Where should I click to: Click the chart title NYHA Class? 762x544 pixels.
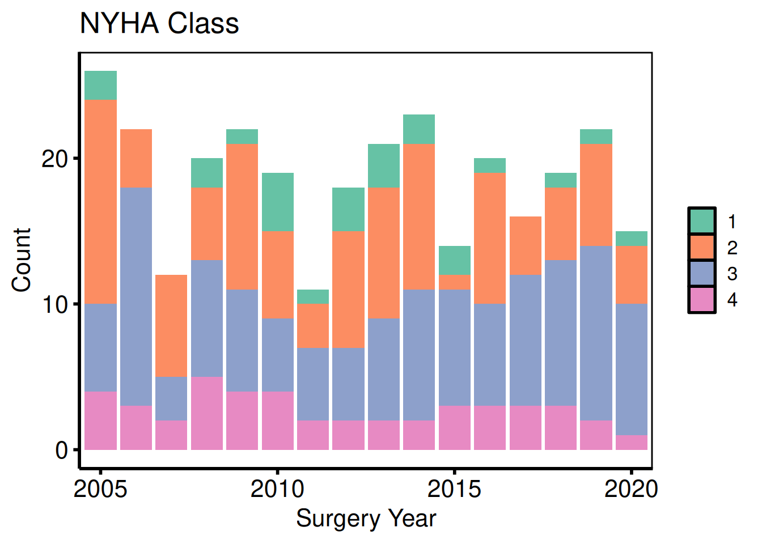[x=159, y=24]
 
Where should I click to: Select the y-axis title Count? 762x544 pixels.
[x=22, y=260]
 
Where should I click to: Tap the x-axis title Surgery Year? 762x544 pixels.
[x=366, y=518]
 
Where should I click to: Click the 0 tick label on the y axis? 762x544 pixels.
[x=61, y=450]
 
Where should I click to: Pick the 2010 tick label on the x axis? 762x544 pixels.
[x=277, y=488]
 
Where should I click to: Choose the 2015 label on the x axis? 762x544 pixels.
[x=454, y=488]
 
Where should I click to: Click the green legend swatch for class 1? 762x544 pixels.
[x=702, y=221]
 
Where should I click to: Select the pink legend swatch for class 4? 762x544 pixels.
[x=702, y=299]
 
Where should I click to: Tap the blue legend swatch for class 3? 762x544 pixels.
[x=702, y=273]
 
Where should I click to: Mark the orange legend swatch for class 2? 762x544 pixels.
[x=702, y=247]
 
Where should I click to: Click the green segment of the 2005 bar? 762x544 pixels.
[x=100, y=86]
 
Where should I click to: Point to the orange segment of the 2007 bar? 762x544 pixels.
[x=171, y=326]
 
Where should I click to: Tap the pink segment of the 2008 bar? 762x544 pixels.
[x=207, y=413]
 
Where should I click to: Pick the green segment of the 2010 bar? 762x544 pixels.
[x=278, y=202]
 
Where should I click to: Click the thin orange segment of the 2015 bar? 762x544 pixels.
[x=455, y=282]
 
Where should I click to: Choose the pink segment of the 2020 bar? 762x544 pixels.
[x=632, y=443]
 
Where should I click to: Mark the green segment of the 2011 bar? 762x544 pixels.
[x=313, y=296]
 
